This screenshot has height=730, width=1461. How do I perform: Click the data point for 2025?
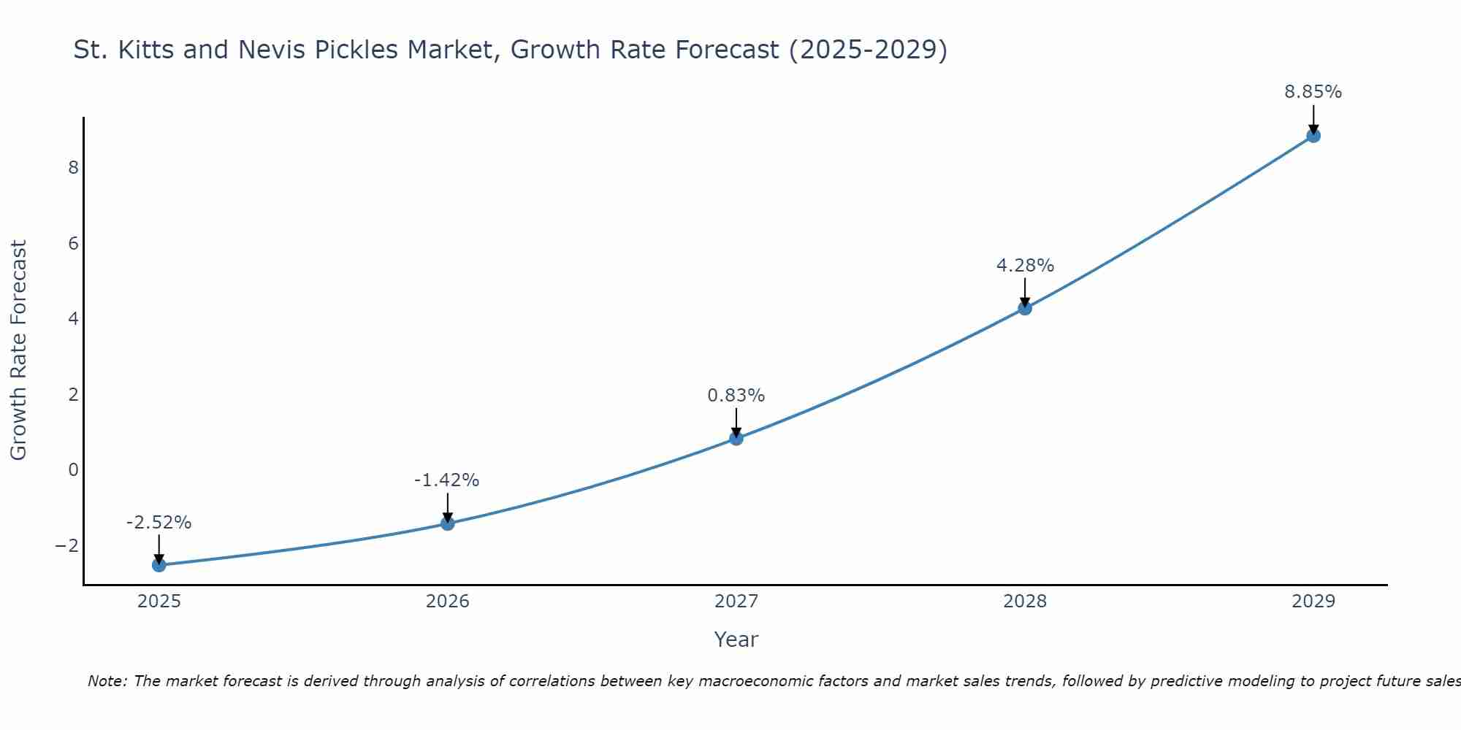(x=159, y=565)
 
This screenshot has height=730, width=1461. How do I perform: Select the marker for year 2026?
(x=448, y=523)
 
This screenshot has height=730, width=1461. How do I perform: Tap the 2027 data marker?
(x=736, y=438)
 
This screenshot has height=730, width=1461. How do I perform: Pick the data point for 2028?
(x=1025, y=308)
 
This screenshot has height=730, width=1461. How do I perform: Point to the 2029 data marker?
(x=1313, y=136)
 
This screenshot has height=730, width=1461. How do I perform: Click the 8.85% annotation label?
(x=1313, y=92)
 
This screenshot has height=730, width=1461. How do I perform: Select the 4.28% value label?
(x=1025, y=266)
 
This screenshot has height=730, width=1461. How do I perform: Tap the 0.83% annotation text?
(x=736, y=396)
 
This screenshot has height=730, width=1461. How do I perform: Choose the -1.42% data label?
(x=446, y=480)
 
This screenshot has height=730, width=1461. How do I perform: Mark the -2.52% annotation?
(x=159, y=523)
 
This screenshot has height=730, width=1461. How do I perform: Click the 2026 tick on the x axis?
(x=448, y=602)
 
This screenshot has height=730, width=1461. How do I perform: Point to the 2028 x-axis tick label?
(x=1025, y=602)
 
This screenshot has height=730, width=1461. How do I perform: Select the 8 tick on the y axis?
(x=73, y=168)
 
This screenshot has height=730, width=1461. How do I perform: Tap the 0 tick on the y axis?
(x=73, y=470)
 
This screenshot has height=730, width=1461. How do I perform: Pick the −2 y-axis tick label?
(x=66, y=546)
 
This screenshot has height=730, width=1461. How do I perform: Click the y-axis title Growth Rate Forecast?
(x=18, y=350)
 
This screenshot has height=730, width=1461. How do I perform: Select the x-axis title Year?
(x=736, y=639)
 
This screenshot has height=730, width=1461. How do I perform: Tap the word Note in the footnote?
(x=107, y=681)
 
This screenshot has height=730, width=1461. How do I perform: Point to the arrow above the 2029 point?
(x=1313, y=118)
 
